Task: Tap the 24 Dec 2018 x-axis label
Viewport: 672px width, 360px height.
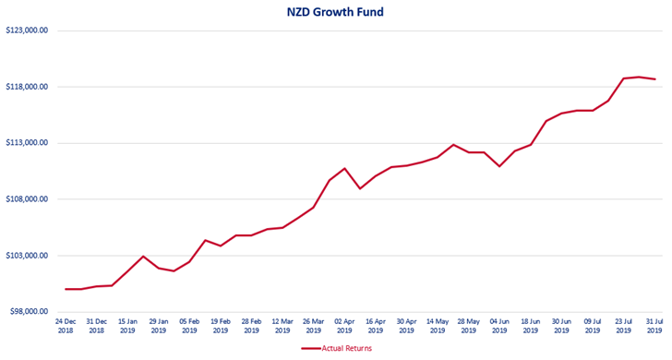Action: [x=65, y=325]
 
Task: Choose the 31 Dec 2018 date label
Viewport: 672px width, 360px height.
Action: [x=96, y=325]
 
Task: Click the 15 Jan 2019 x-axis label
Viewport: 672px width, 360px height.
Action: [x=127, y=325]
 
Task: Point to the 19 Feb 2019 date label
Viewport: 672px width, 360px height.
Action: [x=221, y=325]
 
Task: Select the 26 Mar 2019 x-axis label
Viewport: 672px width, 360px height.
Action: [x=314, y=325]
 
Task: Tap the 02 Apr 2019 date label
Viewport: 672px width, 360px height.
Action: [x=344, y=325]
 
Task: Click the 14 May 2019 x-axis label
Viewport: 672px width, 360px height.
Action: [x=438, y=325]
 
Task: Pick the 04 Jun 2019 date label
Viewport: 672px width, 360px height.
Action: [x=499, y=325]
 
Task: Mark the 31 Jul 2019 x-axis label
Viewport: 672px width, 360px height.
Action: [x=654, y=325]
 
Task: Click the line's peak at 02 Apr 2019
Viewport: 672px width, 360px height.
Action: [x=344, y=168]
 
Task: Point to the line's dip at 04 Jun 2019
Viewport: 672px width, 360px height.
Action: [x=499, y=166]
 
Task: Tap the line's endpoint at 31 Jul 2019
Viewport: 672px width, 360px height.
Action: [x=654, y=79]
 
